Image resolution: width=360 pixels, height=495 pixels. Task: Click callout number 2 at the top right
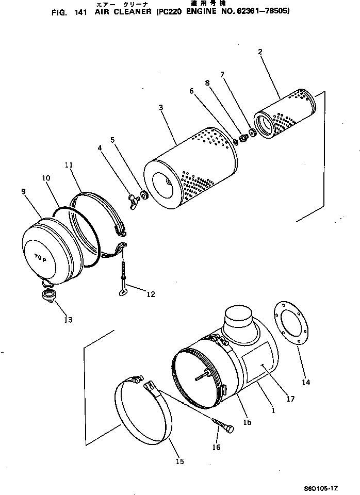[x=260, y=52]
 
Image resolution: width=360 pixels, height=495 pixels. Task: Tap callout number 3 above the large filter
[x=161, y=107]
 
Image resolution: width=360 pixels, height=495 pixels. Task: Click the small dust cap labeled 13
[x=48, y=298]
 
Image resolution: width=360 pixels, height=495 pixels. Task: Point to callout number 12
[x=150, y=295]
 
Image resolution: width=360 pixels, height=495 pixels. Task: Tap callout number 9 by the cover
[x=24, y=191]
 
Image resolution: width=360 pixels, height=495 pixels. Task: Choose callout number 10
[x=45, y=178]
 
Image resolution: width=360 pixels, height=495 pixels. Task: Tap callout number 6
[x=191, y=91]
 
